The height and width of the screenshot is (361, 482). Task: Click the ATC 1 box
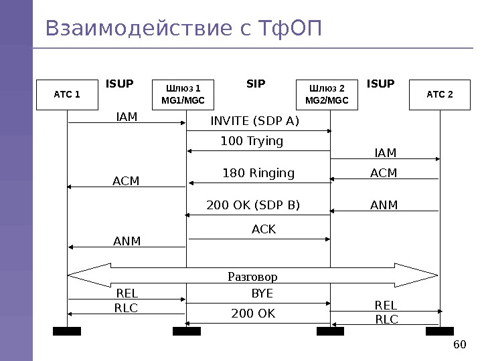(67, 94)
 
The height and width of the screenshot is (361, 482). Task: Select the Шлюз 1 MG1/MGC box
(183, 94)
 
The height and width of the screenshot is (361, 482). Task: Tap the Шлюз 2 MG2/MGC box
(327, 94)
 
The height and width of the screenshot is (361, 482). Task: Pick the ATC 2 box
(440, 94)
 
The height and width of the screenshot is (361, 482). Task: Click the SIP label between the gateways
(256, 84)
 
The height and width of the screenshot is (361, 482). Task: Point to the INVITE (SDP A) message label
(255, 121)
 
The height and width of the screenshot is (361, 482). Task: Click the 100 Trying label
(252, 141)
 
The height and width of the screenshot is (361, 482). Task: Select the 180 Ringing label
(258, 173)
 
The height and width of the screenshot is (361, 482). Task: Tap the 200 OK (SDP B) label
(253, 205)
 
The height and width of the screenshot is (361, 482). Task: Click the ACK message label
(264, 229)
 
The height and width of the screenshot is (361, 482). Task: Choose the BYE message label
(262, 293)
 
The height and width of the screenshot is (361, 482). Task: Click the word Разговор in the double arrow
(252, 276)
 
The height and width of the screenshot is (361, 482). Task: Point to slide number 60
(459, 344)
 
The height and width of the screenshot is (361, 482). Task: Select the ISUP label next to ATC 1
(120, 84)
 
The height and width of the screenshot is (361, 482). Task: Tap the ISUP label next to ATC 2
(381, 84)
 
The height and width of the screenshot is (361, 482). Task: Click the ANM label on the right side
(384, 205)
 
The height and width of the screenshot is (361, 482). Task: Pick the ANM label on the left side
(127, 241)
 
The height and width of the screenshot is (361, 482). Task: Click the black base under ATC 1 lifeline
(67, 331)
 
